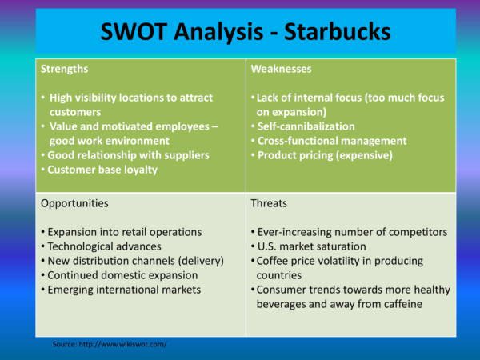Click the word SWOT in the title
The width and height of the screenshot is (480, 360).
pos(134,31)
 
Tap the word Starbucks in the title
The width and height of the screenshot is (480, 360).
pos(337,31)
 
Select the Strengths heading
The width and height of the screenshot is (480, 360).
pos(64,69)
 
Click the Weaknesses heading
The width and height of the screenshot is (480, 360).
pos(281,69)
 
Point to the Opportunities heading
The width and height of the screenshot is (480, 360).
pos(74,203)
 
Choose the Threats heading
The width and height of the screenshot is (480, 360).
pos(269,203)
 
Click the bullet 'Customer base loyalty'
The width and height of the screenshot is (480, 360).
pos(102,170)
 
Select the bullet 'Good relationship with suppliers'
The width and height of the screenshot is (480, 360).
pos(128,155)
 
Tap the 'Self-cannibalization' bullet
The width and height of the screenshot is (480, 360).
pos(306,126)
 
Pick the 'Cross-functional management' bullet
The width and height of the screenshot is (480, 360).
pos(332,141)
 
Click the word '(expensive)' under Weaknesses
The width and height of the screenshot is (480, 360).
pos(364,155)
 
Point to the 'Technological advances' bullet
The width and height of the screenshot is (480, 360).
pos(104,246)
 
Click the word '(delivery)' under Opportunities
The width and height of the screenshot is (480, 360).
pos(201,261)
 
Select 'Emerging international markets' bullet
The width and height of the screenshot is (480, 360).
pos(124,290)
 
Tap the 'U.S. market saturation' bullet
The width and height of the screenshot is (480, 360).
pos(312,246)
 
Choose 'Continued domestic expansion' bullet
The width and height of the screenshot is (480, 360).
pos(122,275)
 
